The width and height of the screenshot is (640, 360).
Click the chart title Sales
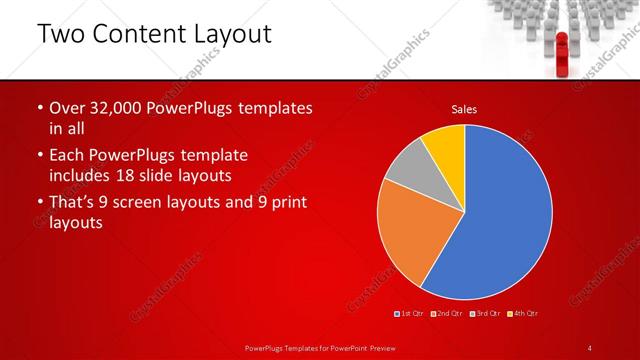(x=464, y=109)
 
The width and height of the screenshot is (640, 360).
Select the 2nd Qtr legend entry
(x=447, y=314)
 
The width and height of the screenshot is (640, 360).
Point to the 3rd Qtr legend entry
(x=485, y=314)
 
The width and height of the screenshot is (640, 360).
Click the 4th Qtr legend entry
(x=523, y=314)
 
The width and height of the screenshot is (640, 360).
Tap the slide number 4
(x=590, y=347)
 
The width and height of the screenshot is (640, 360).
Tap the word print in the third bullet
(x=286, y=203)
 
